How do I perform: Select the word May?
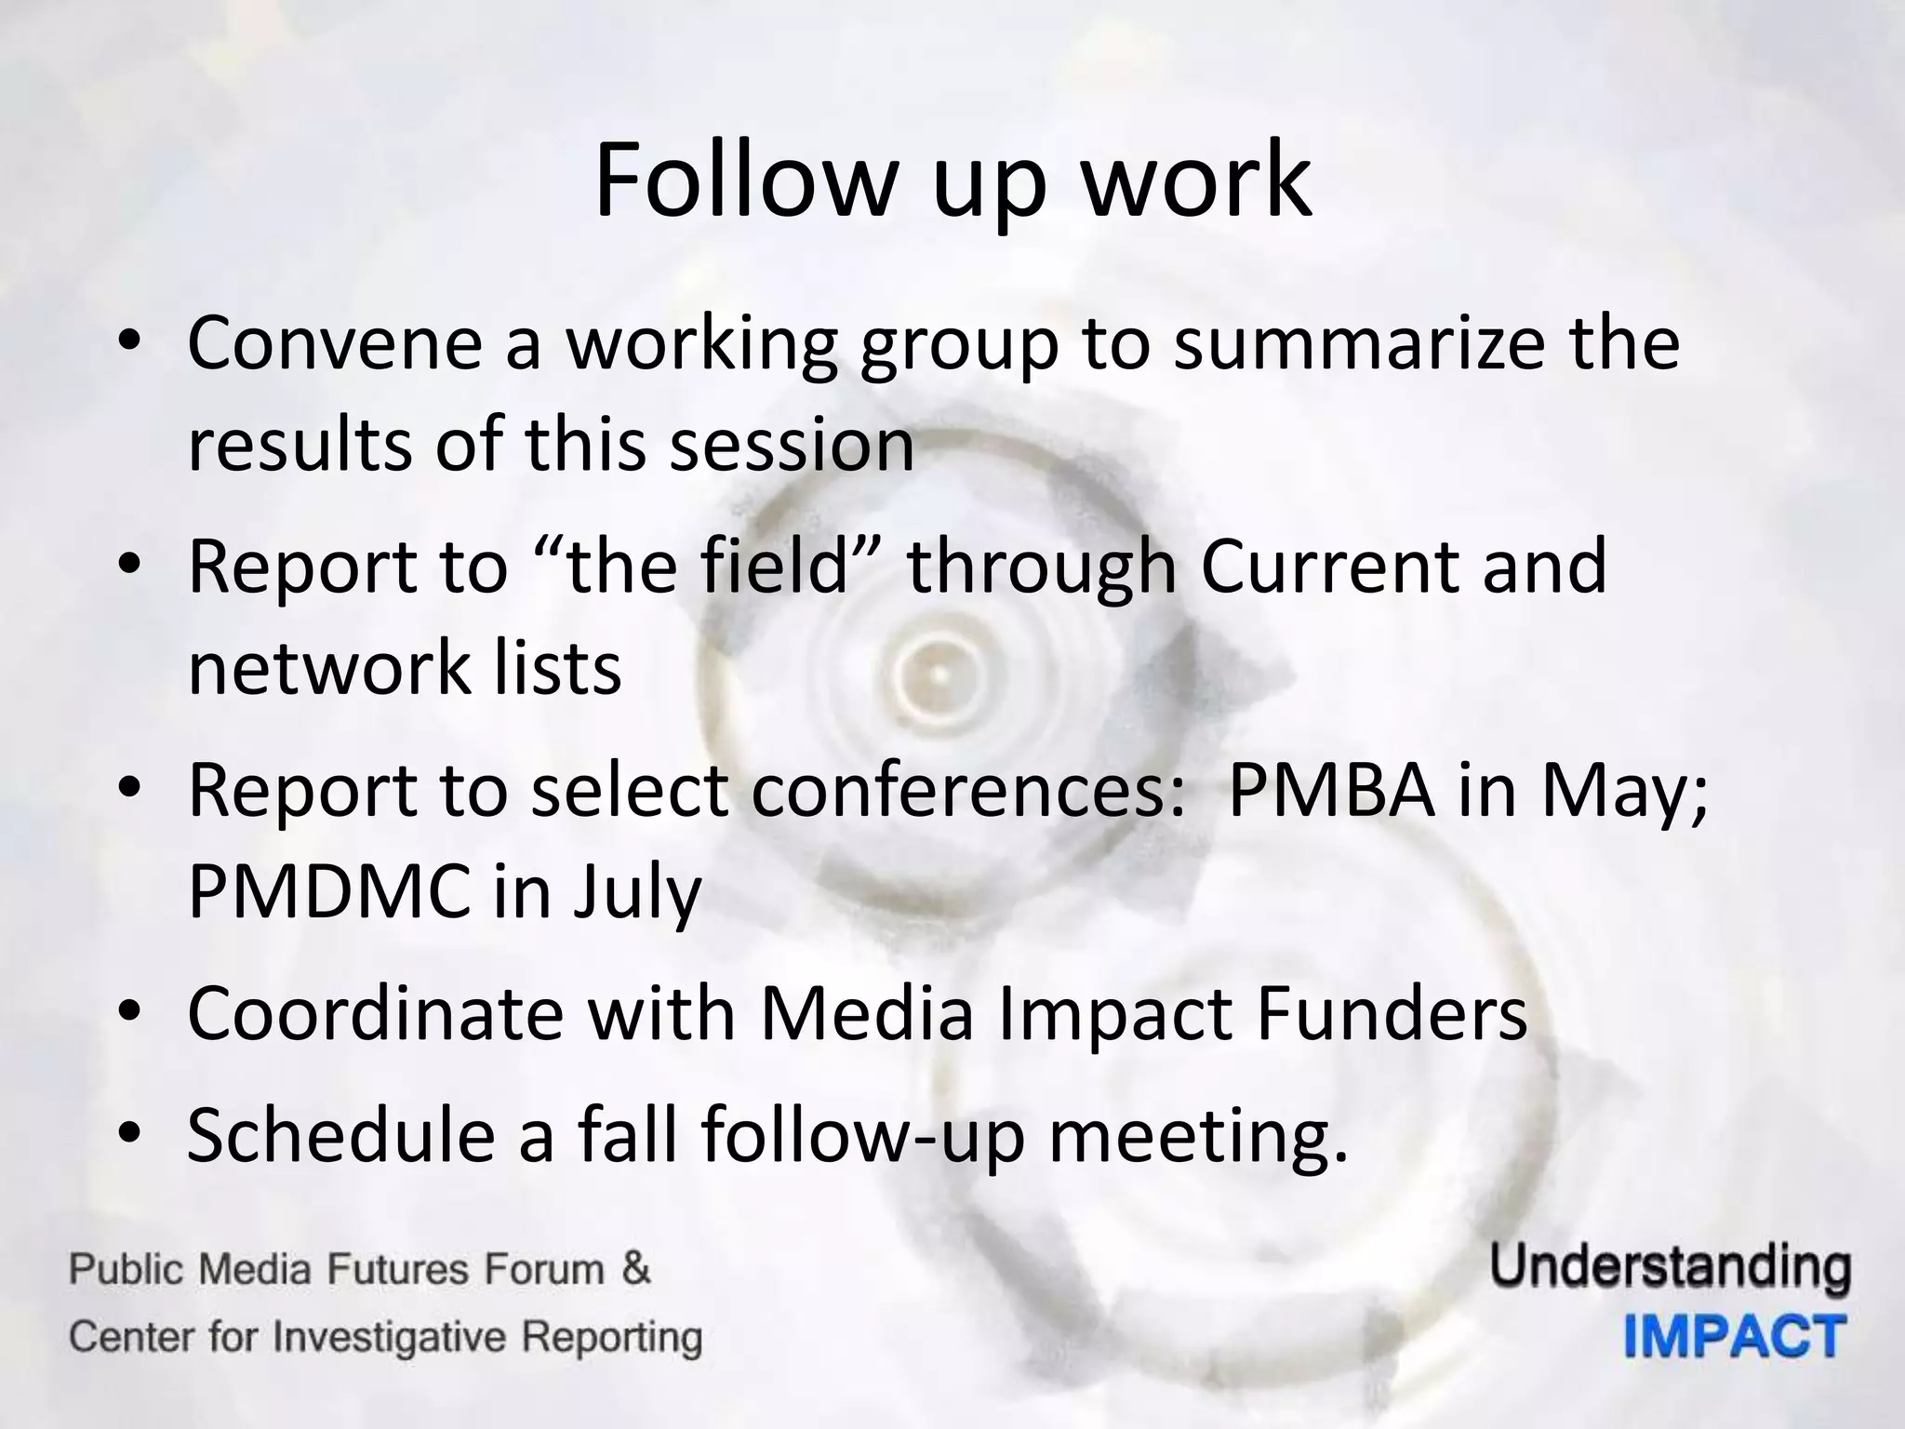coord(1623,791)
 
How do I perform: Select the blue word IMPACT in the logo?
coord(1735,1338)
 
